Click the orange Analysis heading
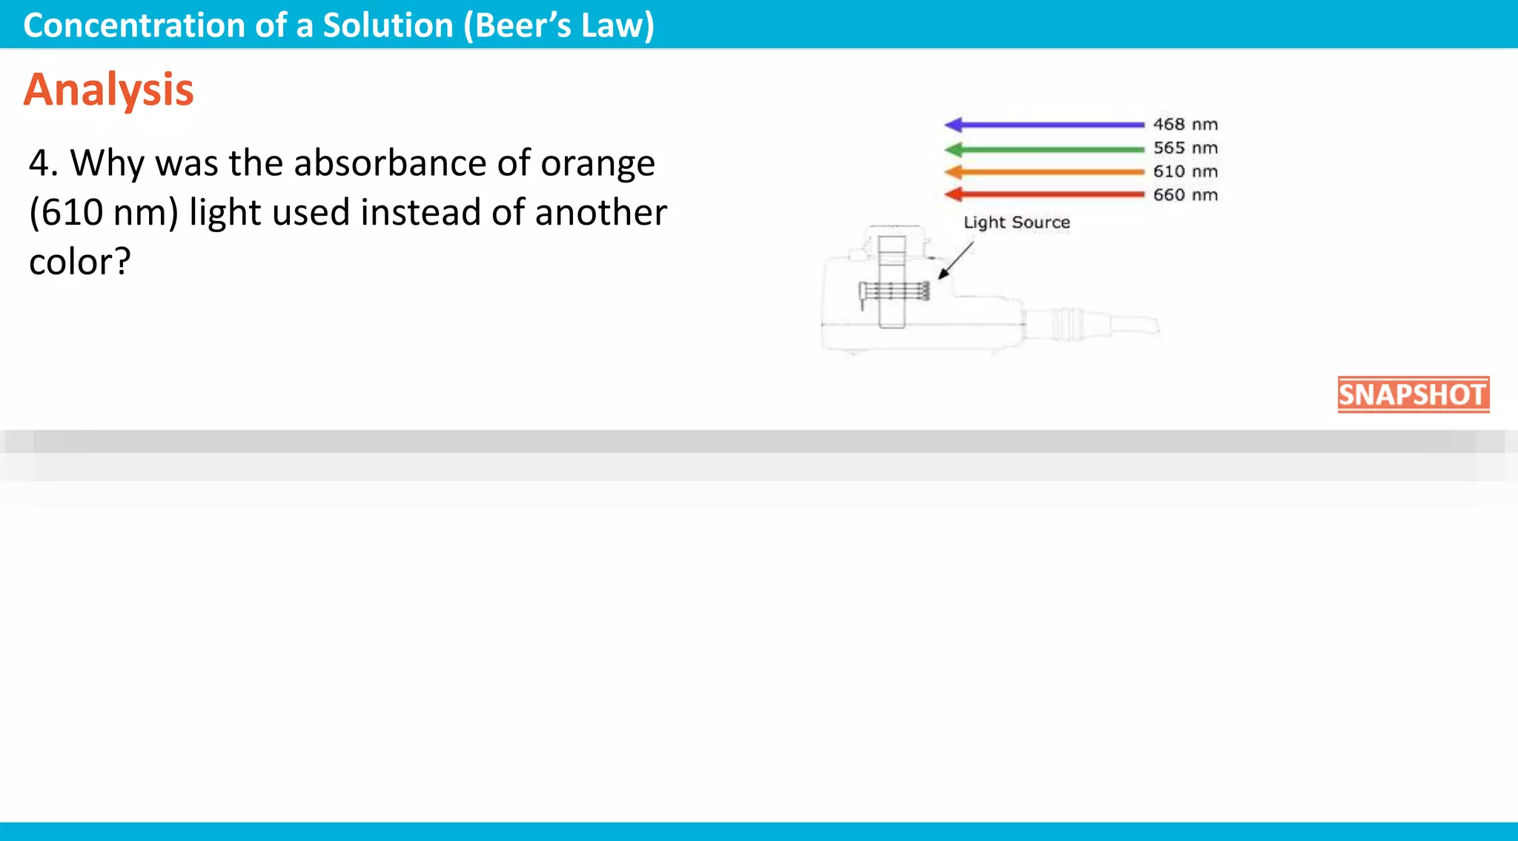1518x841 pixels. pyautogui.click(x=108, y=90)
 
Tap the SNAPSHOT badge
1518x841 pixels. pyautogui.click(x=1413, y=395)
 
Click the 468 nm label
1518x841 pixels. pyautogui.click(x=1185, y=125)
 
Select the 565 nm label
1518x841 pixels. pyautogui.click(x=1185, y=148)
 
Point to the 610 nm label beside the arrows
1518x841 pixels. pyautogui.click(x=1185, y=172)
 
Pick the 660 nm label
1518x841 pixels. pyautogui.click(x=1185, y=195)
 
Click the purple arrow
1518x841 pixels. pyautogui.click(x=1045, y=125)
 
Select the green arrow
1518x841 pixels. pyautogui.click(x=1045, y=149)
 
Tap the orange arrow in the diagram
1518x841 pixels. pyautogui.click(x=1045, y=172)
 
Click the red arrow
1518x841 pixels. pyautogui.click(x=1045, y=195)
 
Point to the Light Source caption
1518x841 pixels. pyautogui.click(x=1016, y=222)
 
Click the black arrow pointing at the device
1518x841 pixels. pyautogui.click(x=955, y=260)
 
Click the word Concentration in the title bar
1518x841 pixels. pyautogui.click(x=134, y=26)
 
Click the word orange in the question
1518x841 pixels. pyautogui.click(x=597, y=165)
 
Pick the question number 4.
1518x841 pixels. pyautogui.click(x=42, y=163)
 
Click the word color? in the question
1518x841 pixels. pyautogui.click(x=79, y=262)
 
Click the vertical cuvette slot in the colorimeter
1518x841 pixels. pyautogui.click(x=892, y=282)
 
